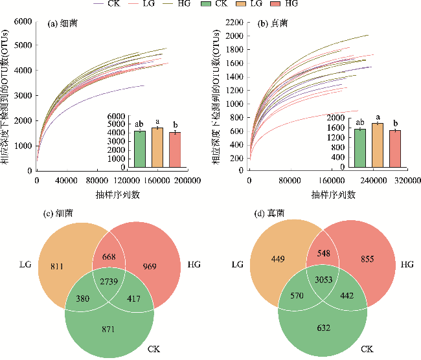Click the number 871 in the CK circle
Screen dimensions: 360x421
108,330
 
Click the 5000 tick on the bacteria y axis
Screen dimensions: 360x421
23,45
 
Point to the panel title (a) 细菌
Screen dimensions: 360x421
63,25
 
